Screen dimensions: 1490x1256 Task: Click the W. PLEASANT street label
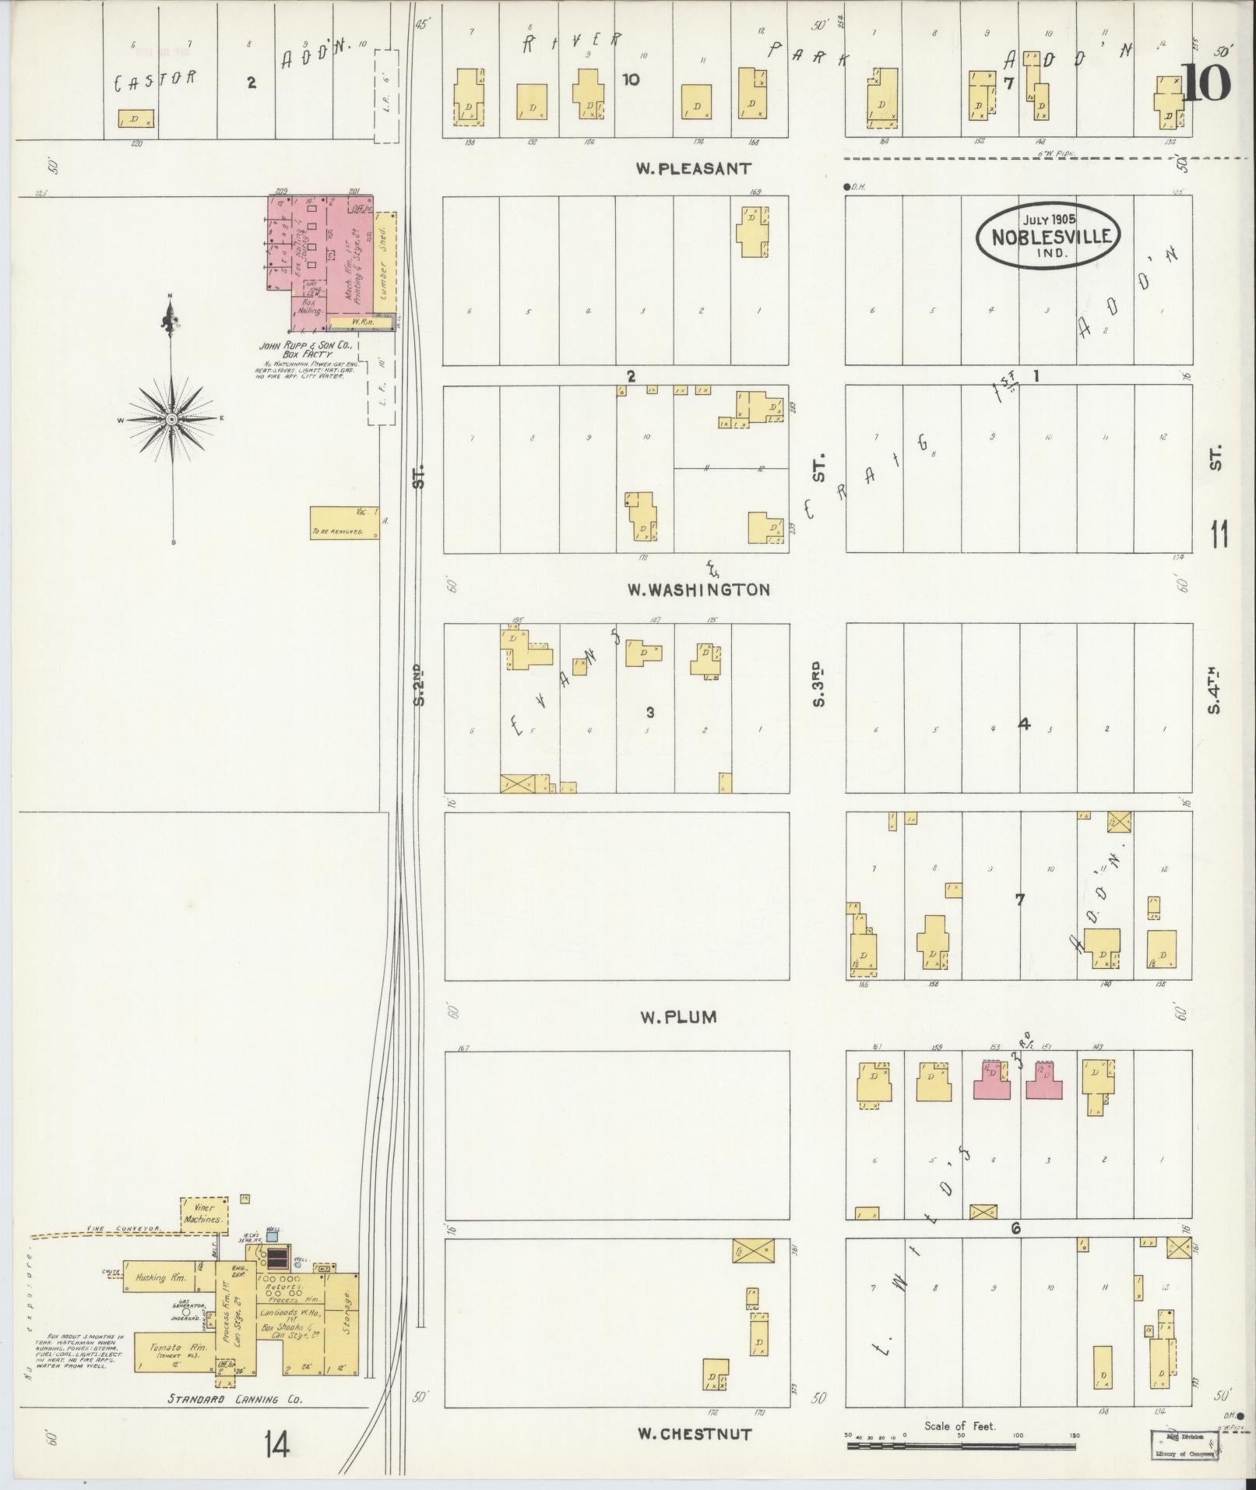pyautogui.click(x=693, y=168)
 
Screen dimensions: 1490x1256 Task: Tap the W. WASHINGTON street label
pyautogui.click(x=699, y=590)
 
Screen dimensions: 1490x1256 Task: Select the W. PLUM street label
pyautogui.click(x=677, y=1016)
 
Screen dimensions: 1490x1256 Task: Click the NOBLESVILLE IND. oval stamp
pyautogui.click(x=1049, y=236)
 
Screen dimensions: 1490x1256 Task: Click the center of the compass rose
pyautogui.click(x=171, y=420)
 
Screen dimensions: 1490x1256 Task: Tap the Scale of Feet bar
pyautogui.click(x=961, y=1446)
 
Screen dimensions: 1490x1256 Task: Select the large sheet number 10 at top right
pyautogui.click(x=1206, y=83)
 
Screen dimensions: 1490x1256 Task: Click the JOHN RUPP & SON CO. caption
pyautogui.click(x=306, y=345)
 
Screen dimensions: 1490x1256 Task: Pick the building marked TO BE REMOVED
pyautogui.click(x=344, y=523)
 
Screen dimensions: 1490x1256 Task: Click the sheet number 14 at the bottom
pyautogui.click(x=276, y=1446)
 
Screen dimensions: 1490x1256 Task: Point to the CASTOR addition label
pyautogui.click(x=156, y=79)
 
